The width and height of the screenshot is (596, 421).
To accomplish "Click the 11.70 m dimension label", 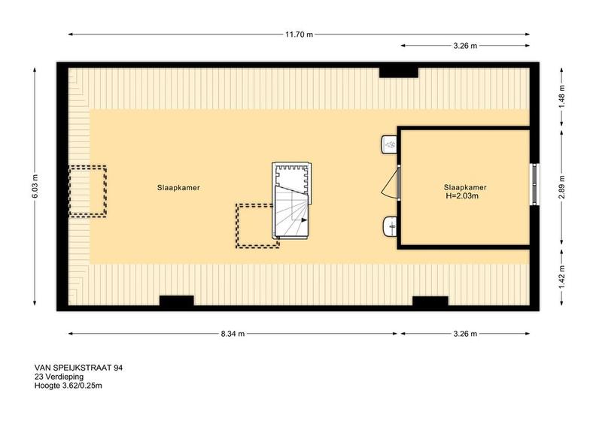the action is click(300, 35).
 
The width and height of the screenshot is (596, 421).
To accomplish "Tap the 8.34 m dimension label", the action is click(233, 334).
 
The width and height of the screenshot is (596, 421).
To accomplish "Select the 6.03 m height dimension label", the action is click(35, 186).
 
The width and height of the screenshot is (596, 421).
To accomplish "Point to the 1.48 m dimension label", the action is click(562, 96).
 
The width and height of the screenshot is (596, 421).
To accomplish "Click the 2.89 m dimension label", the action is click(562, 186).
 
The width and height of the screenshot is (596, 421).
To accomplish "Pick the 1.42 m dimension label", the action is click(562, 277).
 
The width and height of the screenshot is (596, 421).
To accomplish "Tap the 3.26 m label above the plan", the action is click(465, 46).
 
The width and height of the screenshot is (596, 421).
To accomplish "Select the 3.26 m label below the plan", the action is click(465, 334).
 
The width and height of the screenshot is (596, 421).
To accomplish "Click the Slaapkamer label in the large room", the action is click(178, 187).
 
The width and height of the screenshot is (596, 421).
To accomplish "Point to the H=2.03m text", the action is click(462, 196).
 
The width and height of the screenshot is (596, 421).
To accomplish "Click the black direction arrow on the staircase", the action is click(304, 220).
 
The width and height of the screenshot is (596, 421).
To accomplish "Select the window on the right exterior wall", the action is click(535, 184).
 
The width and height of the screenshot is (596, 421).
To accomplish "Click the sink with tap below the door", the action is click(390, 226).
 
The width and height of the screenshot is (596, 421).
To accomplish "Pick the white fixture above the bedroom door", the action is click(389, 144).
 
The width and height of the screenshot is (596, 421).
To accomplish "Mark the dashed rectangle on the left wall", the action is click(87, 191).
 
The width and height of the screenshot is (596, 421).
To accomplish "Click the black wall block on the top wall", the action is click(399, 72).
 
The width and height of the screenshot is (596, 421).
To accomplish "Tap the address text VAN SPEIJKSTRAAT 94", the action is click(79, 368).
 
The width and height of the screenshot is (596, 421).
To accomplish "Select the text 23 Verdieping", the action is click(59, 377).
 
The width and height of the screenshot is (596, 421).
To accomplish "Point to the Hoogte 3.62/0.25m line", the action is click(68, 386).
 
